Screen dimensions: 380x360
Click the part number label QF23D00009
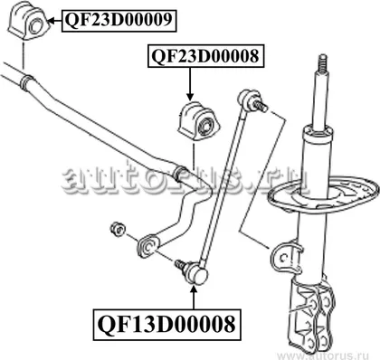pyautogui.click(x=119, y=20)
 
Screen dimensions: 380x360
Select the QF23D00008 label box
pyautogui.click(x=205, y=56)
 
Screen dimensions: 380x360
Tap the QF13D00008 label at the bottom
pyautogui.click(x=166, y=325)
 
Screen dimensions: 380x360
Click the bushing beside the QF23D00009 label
pyautogui.click(x=27, y=20)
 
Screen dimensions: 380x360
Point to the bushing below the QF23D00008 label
pyautogui.click(x=198, y=121)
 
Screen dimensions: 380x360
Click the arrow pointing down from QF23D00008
pyautogui.click(x=190, y=83)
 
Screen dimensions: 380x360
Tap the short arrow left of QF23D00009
pyautogui.click(x=55, y=21)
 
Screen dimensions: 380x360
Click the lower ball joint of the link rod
pyautogui.click(x=197, y=273)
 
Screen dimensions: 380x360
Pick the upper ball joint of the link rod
pyautogui.click(x=247, y=98)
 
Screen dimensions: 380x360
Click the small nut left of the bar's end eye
pyautogui.click(x=118, y=229)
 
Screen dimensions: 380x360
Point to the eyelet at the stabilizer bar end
pyautogui.click(x=148, y=246)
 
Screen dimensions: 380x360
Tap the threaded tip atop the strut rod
pyautogui.click(x=322, y=63)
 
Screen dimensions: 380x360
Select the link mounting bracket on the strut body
pyautogui.click(x=286, y=257)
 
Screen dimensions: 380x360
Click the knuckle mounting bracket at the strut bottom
pyautogui.click(x=313, y=314)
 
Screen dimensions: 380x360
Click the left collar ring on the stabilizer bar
pyautogui.click(x=26, y=81)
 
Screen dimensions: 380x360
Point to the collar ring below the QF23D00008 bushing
pyautogui.click(x=181, y=174)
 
